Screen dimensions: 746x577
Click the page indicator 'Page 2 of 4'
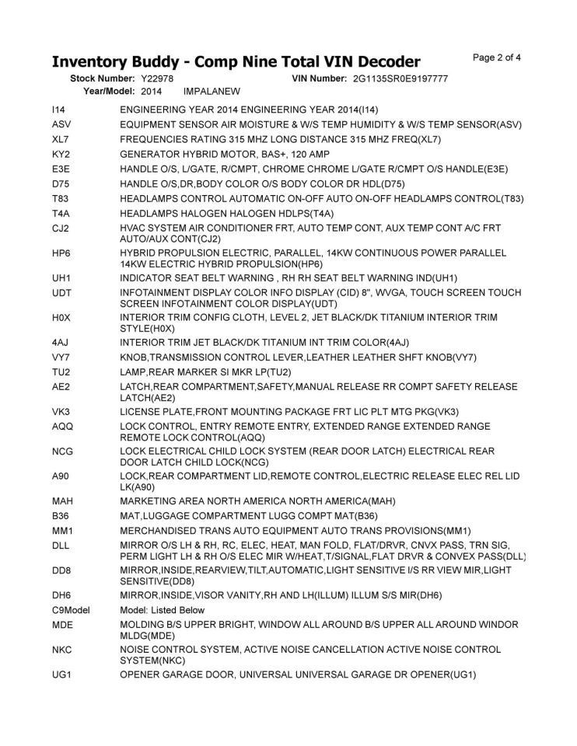497,57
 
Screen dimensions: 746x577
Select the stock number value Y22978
157,79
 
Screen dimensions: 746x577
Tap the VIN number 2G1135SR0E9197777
400,79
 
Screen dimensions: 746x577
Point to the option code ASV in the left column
61,124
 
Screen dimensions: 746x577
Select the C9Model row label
70,611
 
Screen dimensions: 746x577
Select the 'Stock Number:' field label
103,79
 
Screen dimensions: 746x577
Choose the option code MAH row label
62,500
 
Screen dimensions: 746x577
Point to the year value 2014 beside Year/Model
152,91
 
